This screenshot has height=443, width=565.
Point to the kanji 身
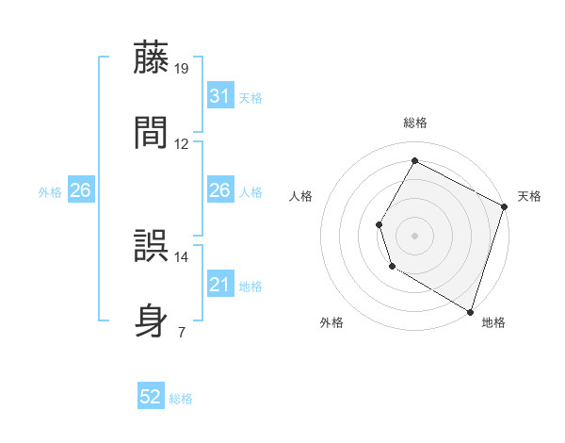(153, 320)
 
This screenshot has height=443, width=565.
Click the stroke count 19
(182, 68)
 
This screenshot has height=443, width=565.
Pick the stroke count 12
(182, 144)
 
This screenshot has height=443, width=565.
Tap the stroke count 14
(182, 256)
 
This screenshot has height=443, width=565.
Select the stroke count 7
(181, 332)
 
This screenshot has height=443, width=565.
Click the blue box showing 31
(219, 96)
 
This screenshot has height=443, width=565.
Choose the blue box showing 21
(219, 285)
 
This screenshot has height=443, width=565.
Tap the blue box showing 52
(151, 397)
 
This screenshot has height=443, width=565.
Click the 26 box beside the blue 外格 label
(80, 191)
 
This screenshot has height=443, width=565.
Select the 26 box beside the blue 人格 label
(219, 191)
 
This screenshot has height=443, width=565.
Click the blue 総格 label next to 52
(181, 399)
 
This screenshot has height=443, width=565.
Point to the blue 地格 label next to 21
(250, 287)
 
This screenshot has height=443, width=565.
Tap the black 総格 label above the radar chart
(414, 123)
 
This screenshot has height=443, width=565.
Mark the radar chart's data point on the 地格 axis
(470, 310)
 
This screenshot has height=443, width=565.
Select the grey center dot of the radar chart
(414, 235)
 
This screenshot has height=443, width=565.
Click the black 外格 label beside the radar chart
(331, 323)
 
